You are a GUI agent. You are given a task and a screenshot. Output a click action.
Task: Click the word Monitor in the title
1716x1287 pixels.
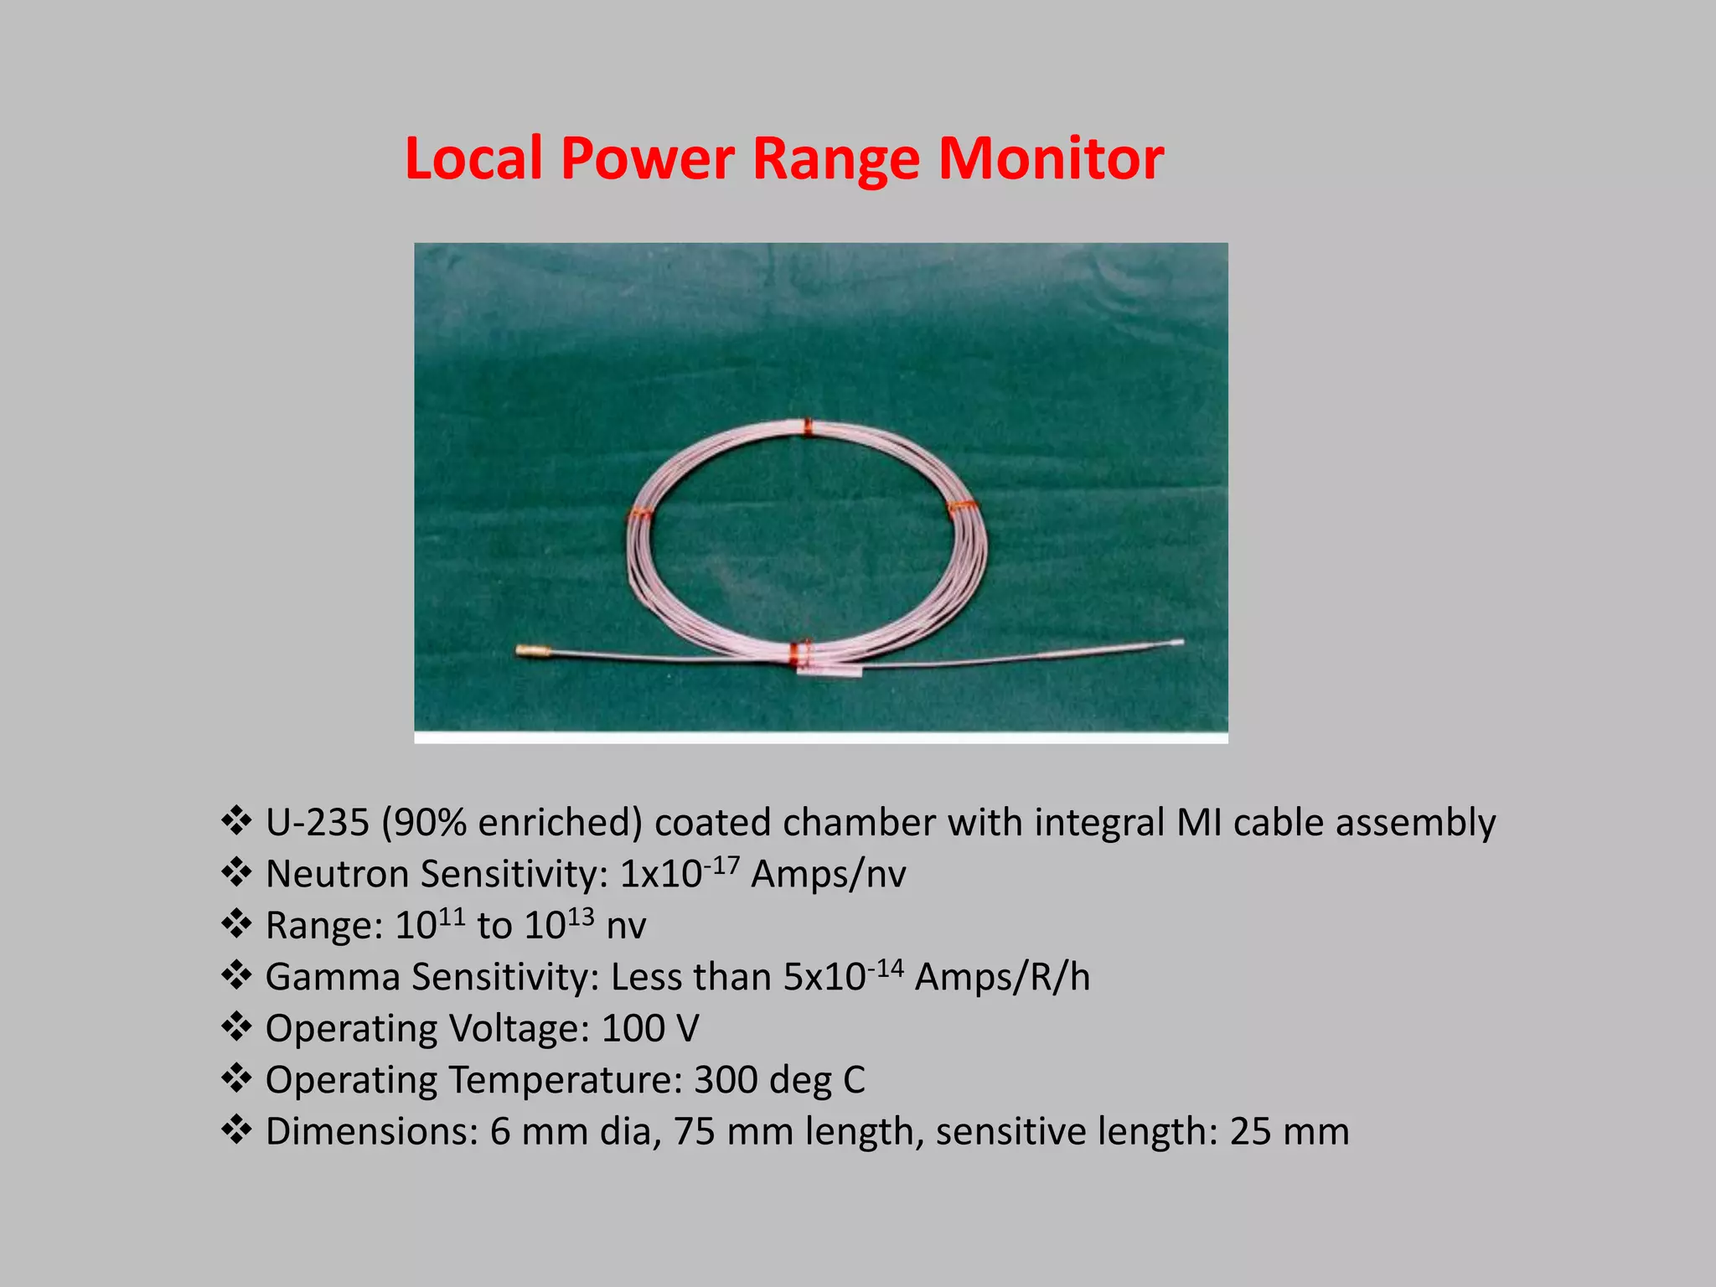(1051, 158)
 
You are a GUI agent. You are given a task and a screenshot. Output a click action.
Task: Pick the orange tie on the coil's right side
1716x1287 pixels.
(960, 507)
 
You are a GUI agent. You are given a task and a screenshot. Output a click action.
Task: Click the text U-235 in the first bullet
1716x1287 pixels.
(317, 823)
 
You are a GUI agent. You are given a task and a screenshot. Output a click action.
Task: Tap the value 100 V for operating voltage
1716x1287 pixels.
(649, 1029)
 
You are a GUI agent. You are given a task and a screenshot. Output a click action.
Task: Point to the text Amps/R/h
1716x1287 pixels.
(1002, 978)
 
